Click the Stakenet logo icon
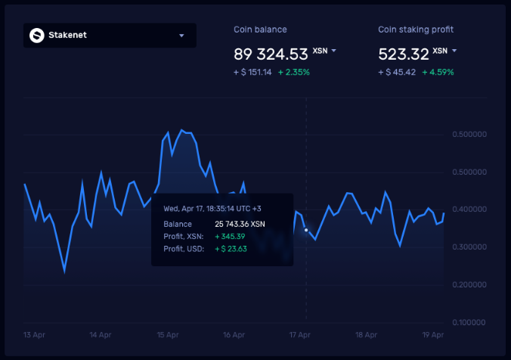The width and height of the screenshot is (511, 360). (x=36, y=35)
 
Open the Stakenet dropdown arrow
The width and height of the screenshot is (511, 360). (x=181, y=36)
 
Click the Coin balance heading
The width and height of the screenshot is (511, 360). (x=260, y=29)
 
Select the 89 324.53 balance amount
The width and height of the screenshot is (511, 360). (x=271, y=54)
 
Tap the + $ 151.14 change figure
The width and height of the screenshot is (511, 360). (x=252, y=72)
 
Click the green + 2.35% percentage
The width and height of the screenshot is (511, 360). (x=294, y=72)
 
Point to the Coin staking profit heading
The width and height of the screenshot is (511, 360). (x=416, y=29)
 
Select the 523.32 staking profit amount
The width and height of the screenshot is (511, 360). (x=403, y=54)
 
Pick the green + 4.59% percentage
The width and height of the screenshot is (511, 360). (x=438, y=72)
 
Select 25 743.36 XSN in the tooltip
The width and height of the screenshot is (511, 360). (x=240, y=224)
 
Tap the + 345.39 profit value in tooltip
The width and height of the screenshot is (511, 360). (x=230, y=237)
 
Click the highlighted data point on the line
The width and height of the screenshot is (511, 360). (x=306, y=230)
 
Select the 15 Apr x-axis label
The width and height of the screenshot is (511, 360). (x=167, y=334)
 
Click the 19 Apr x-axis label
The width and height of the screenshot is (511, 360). (x=432, y=334)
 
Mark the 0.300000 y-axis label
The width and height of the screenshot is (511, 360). (x=469, y=247)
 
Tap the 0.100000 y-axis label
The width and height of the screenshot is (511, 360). (x=469, y=323)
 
